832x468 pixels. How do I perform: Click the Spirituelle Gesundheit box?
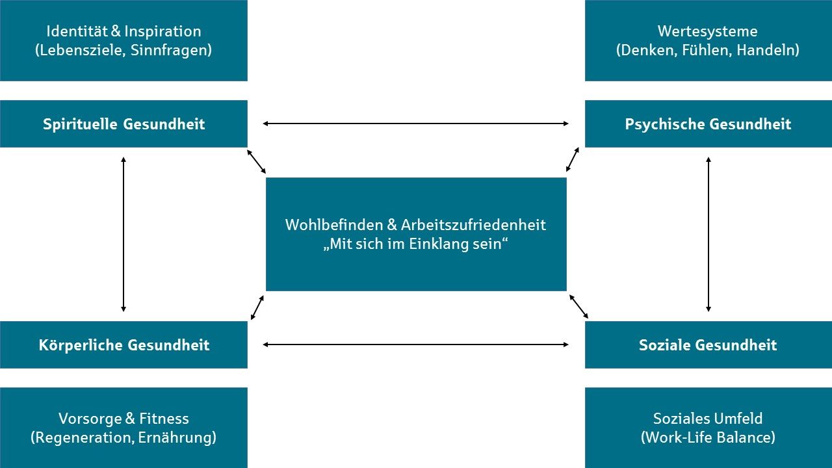click(123, 124)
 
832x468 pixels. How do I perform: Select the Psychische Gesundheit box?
click(708, 124)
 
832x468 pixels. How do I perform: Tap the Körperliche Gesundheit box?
click(123, 345)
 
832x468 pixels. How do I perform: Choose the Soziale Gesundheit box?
click(708, 345)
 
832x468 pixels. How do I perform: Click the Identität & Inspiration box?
click(123, 40)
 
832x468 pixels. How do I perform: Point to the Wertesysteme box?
click(708, 40)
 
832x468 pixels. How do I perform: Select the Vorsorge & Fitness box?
click(123, 428)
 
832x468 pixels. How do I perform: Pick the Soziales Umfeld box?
click(708, 428)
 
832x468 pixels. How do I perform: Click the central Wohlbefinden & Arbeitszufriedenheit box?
click(416, 234)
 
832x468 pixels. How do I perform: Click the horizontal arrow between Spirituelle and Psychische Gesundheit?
click(416, 123)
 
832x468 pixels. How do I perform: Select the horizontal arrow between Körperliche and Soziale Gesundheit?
click(416, 344)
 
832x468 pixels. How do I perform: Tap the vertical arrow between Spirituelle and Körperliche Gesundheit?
click(123, 234)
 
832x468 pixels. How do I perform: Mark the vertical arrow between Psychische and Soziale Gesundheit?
click(708, 234)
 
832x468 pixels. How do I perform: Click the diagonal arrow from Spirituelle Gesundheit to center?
click(257, 162)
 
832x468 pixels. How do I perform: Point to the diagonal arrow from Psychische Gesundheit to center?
click(573, 159)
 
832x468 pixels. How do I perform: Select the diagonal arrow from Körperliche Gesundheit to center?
click(257, 307)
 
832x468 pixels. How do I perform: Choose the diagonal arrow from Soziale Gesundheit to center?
click(578, 306)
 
